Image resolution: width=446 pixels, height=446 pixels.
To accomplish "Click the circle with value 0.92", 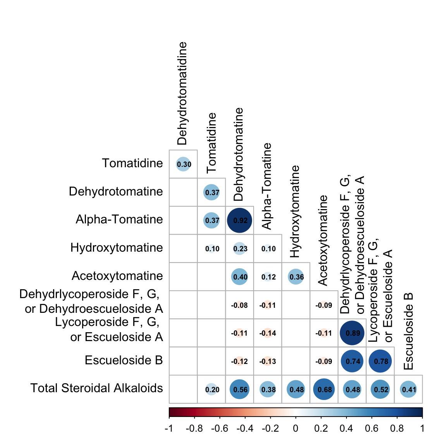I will [240, 220].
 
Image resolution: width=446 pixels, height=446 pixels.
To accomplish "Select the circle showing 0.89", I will [352, 333].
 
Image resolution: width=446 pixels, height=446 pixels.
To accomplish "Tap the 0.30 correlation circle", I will [184, 164].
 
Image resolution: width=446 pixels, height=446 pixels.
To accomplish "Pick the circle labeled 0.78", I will [381, 361].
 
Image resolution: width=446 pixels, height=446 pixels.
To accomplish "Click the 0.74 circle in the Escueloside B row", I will [352, 361].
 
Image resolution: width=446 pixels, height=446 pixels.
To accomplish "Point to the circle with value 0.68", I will [324, 389].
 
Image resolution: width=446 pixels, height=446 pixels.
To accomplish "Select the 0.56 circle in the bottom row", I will [240, 389].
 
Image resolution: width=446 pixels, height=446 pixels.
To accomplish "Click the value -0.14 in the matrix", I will [268, 333].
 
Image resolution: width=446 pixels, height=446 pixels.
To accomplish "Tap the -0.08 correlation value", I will [240, 305].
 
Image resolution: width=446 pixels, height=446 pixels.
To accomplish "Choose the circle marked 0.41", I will [408, 389].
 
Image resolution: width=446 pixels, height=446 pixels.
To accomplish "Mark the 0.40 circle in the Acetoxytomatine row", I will [240, 277].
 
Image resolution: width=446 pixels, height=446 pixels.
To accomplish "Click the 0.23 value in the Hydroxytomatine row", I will [240, 249].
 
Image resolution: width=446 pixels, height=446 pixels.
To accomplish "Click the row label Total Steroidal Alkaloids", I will [96, 388].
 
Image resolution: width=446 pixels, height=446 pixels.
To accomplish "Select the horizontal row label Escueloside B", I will [124, 360].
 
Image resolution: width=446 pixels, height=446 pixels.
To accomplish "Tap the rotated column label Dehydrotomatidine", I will [182, 93].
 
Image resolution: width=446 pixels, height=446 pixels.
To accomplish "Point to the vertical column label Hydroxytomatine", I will [295, 211].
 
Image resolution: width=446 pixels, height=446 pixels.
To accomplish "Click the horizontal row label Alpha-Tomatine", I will [119, 219].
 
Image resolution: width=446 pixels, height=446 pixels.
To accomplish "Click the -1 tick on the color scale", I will [169, 429].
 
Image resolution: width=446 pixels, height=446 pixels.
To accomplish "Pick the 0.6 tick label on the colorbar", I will [372, 429].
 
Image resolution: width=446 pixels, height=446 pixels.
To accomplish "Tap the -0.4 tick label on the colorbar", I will [245, 429].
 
